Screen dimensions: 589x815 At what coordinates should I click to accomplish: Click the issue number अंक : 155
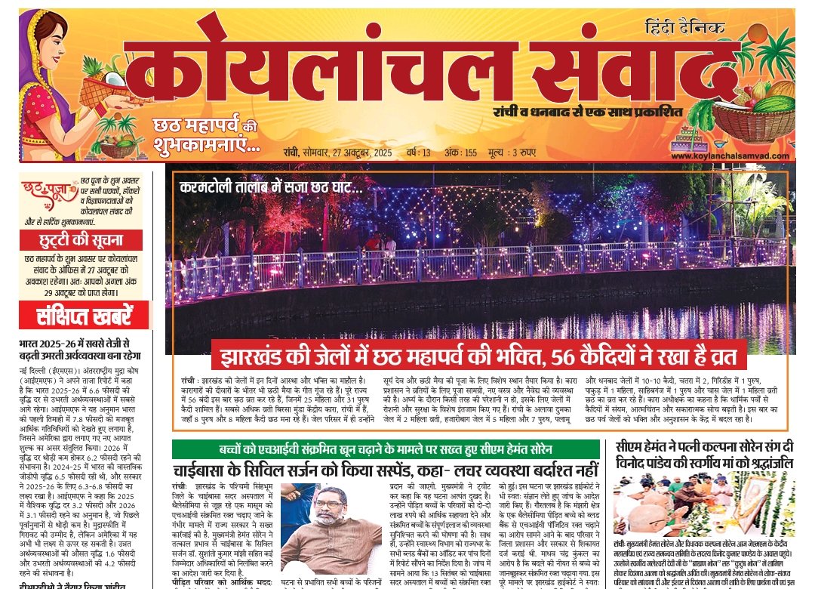coord(460,153)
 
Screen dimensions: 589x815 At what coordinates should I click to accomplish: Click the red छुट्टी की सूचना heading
coord(81,241)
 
